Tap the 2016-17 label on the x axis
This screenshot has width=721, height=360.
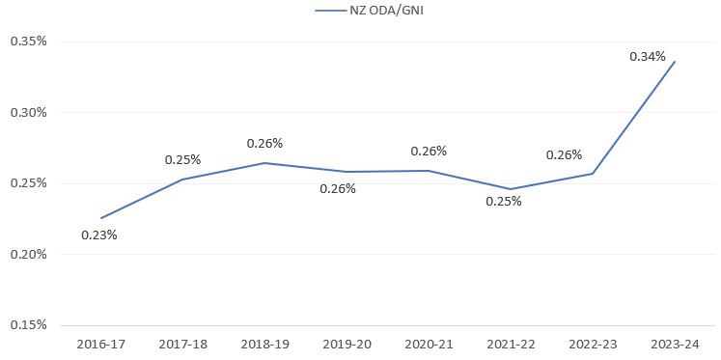(99, 344)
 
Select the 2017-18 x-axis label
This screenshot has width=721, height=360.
(181, 344)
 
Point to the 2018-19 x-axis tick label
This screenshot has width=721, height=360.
(263, 344)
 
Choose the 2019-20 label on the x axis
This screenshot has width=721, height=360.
(346, 344)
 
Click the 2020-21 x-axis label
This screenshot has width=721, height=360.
(428, 344)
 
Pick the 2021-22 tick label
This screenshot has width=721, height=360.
(510, 344)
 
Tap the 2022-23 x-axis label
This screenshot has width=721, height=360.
(592, 344)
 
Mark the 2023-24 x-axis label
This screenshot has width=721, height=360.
(674, 344)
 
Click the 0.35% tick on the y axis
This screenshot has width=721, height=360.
(29, 42)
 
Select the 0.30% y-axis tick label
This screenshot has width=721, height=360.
(29, 112)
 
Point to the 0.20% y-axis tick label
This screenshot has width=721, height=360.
(29, 254)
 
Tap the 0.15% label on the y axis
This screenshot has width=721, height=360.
(29, 325)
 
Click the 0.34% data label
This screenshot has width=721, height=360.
(648, 57)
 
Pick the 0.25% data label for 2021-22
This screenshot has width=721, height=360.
(504, 202)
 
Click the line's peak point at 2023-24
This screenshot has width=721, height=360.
(675, 62)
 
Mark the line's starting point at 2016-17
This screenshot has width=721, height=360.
(100, 218)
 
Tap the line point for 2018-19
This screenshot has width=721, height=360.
(264, 163)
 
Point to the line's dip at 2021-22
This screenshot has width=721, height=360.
(511, 189)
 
